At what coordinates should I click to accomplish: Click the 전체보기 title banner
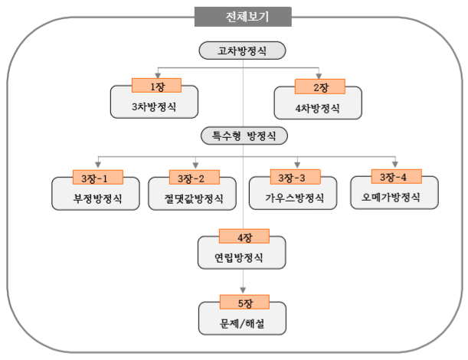click(x=242, y=16)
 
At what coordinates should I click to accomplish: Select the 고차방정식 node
click(x=242, y=51)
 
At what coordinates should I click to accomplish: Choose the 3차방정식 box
click(x=154, y=106)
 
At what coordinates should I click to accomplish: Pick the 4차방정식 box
click(x=317, y=106)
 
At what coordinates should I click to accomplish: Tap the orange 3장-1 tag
click(x=97, y=178)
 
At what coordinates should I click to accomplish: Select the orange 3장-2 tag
click(x=194, y=178)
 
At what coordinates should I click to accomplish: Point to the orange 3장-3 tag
click(x=296, y=178)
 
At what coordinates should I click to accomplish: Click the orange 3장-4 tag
click(x=394, y=178)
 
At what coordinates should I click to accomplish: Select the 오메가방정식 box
click(x=394, y=198)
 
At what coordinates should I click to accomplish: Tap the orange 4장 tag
click(x=243, y=237)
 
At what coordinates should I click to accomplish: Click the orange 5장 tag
click(x=243, y=302)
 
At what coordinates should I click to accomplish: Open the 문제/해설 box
click(x=242, y=322)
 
